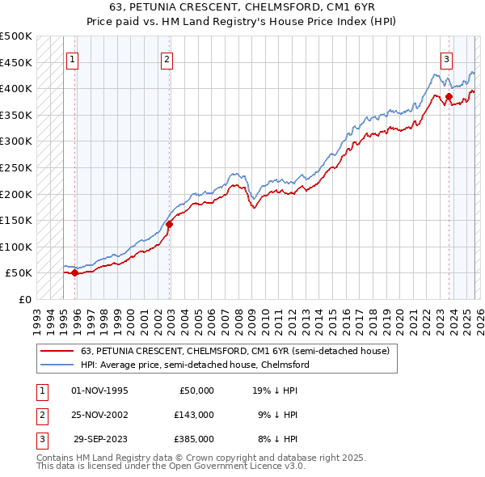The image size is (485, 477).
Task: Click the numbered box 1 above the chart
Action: click(73, 59)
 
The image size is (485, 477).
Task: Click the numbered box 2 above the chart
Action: click(167, 59)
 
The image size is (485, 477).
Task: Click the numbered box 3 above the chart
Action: click(446, 59)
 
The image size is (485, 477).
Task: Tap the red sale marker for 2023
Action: click(449, 97)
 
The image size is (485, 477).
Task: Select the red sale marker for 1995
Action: click(75, 272)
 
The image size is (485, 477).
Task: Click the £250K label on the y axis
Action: click(16, 167)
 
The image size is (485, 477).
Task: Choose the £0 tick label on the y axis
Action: click(24, 299)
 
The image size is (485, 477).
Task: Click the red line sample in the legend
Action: click(58, 351)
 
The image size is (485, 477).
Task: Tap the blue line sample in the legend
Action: click(58, 365)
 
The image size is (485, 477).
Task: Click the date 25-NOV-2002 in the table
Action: click(99, 415)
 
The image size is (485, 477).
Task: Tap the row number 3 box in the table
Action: click(40, 439)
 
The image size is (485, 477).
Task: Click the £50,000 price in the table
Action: click(195, 390)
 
